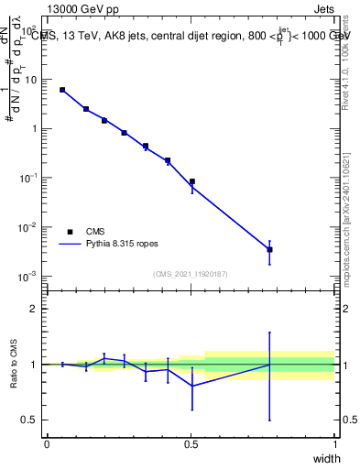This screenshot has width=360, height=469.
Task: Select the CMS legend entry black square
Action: pyautogui.click(x=69, y=232)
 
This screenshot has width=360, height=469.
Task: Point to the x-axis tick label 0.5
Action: pyautogui.click(x=191, y=444)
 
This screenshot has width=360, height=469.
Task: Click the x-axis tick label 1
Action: pyautogui.click(x=335, y=444)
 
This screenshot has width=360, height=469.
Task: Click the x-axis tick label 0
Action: pyautogui.click(x=47, y=444)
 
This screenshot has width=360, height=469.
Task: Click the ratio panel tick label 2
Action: pyautogui.click(x=35, y=309)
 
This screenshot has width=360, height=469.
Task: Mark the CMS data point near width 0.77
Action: pyautogui.click(x=269, y=249)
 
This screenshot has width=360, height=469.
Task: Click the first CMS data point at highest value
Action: pyautogui.click(x=62, y=90)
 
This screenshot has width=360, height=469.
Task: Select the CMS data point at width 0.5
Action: pyautogui.click(x=192, y=181)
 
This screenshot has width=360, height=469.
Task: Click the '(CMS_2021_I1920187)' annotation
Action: pyautogui.click(x=190, y=274)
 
